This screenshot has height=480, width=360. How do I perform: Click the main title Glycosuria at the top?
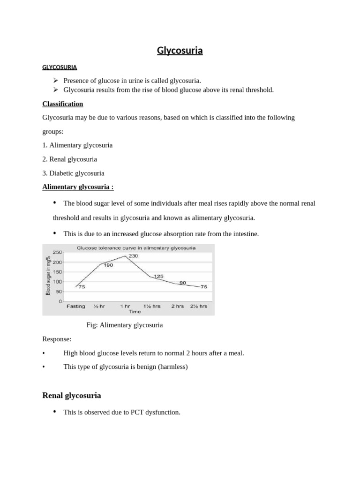pos(180,51)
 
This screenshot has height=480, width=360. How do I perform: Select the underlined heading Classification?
pos(62,104)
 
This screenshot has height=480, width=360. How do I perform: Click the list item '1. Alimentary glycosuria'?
pos(77,145)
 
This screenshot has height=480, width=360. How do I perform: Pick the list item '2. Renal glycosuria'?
pos(69,159)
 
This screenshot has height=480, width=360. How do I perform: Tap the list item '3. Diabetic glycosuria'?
pos(73,173)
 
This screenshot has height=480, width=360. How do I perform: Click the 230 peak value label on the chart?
pos(133,256)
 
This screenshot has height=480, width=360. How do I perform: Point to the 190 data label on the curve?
pos(108,265)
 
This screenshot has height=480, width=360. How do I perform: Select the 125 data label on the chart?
pos(158,277)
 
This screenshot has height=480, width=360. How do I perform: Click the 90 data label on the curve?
pos(182,283)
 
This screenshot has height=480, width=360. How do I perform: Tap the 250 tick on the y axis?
pos(57,252)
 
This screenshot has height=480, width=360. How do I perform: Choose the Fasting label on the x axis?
pos(75,306)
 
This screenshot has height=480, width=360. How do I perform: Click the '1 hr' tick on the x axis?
pos(125,306)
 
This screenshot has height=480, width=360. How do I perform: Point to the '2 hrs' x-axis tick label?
pos(177,306)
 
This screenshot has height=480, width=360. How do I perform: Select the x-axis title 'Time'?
pos(135,311)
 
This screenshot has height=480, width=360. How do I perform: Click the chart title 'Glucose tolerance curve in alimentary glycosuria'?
pos(136,247)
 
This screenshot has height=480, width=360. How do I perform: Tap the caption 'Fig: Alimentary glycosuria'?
pos(125,325)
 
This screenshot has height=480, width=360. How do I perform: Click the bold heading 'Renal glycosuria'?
pos(71,395)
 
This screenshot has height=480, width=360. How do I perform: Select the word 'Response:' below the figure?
pos(57,339)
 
